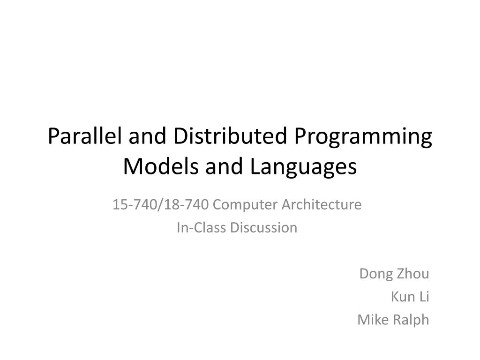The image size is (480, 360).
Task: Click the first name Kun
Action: [401, 297]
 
